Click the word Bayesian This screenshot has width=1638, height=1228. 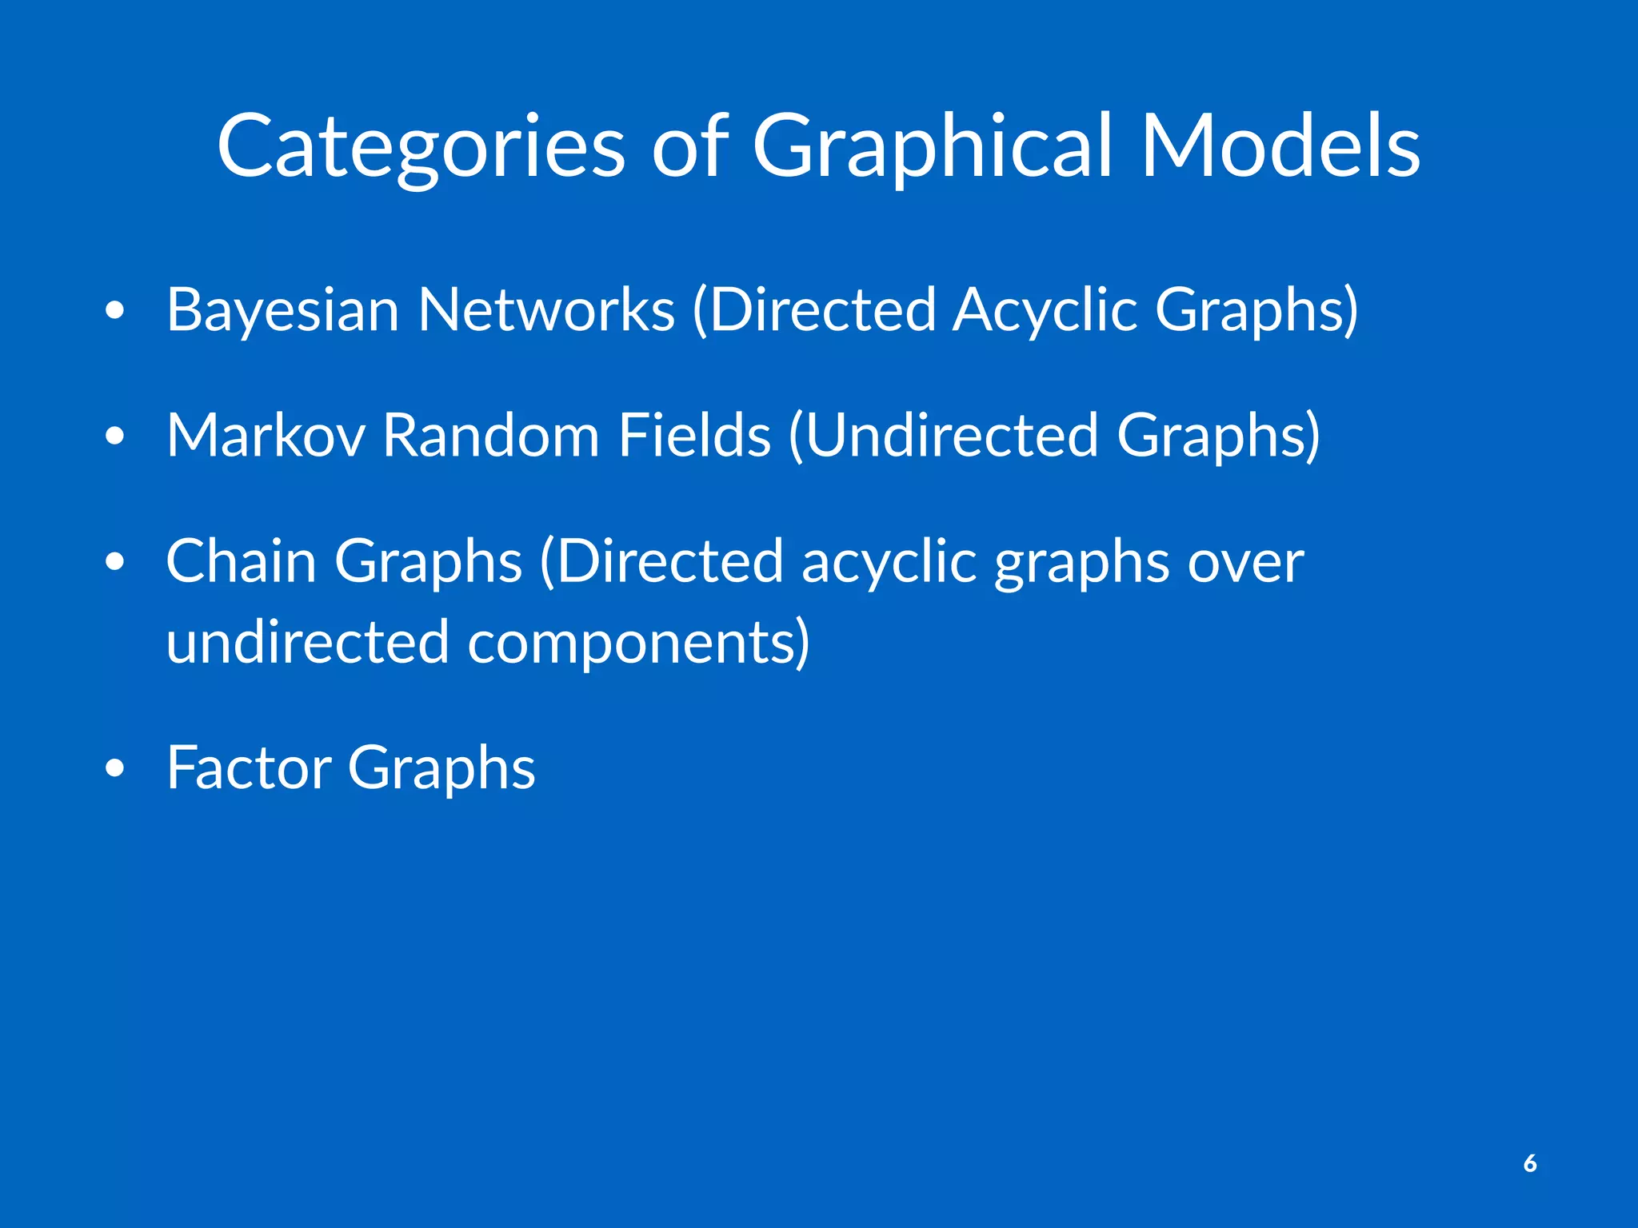pyautogui.click(x=282, y=310)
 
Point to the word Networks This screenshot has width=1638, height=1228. pyautogui.click(x=546, y=310)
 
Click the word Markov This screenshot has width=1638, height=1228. pyautogui.click(x=266, y=436)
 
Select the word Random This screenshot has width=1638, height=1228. pyautogui.click(x=491, y=436)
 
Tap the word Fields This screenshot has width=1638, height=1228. pyautogui.click(x=694, y=436)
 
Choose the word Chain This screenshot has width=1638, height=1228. pyautogui.click(x=241, y=561)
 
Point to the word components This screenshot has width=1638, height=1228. pyautogui.click(x=637, y=644)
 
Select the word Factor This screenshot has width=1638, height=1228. pyautogui.click(x=248, y=767)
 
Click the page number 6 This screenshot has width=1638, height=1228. pyautogui.click(x=1530, y=1163)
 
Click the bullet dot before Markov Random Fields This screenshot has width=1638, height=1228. pyautogui.click(x=115, y=437)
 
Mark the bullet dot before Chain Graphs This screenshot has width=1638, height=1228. pyautogui.click(x=115, y=563)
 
